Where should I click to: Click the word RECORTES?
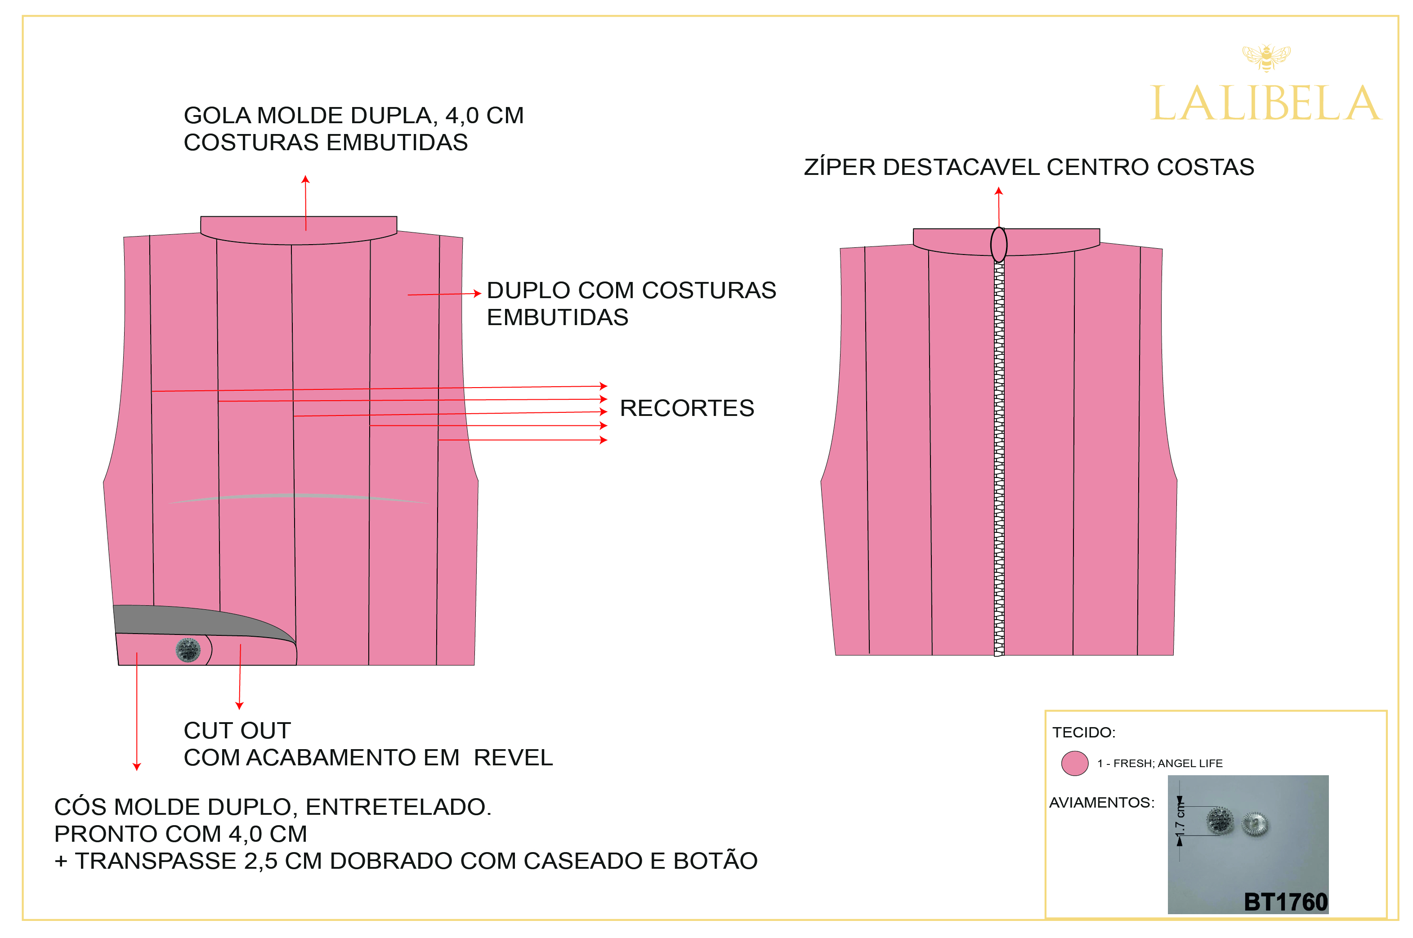pyautogui.click(x=686, y=408)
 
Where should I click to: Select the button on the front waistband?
pyautogui.click(x=188, y=650)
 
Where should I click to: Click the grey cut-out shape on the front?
pyautogui.click(x=197, y=621)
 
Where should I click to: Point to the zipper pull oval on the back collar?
pyautogui.click(x=998, y=244)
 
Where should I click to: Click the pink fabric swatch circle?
pyautogui.click(x=1074, y=764)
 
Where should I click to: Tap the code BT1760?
pyautogui.click(x=1285, y=902)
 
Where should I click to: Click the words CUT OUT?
pyautogui.click(x=237, y=730)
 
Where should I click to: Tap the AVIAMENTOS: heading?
pyautogui.click(x=1101, y=802)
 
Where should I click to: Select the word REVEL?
pyautogui.click(x=513, y=758)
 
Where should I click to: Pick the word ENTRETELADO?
pyautogui.click(x=398, y=807)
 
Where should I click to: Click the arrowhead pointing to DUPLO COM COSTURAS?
pyautogui.click(x=478, y=293)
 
